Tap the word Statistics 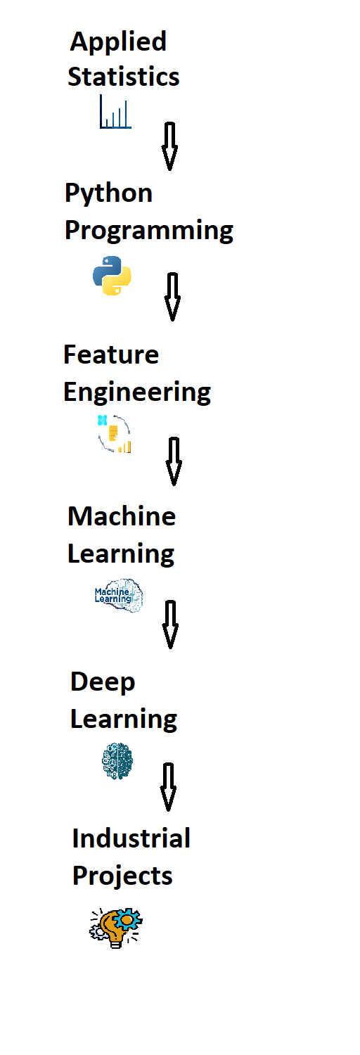point(123,76)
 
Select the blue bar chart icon point(115,112)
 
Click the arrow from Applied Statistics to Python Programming point(169,146)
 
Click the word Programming point(148,231)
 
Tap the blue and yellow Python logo point(112,276)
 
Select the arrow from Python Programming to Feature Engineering point(172,297)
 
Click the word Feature point(111,354)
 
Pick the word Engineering point(137,392)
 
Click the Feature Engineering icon point(115,434)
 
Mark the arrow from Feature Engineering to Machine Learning point(174,461)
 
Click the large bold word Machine point(122,516)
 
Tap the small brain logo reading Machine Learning point(119,595)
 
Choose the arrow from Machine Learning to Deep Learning point(170,625)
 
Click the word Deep point(103,683)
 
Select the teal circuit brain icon point(117,761)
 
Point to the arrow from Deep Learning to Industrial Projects point(169,787)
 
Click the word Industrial point(131,838)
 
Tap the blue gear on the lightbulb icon point(128,919)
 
